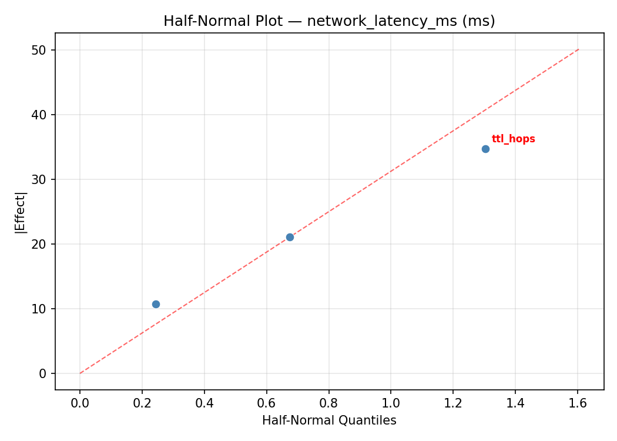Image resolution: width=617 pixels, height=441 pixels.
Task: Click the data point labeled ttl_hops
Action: point(485,149)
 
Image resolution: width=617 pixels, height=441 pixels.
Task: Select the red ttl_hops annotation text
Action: point(513,139)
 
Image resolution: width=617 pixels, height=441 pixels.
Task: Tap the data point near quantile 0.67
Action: point(290,237)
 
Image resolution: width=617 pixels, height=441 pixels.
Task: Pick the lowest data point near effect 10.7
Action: point(156,304)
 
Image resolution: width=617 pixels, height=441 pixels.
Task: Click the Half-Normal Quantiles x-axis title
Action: point(329,420)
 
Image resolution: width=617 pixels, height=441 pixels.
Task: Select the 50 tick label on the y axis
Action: point(39,50)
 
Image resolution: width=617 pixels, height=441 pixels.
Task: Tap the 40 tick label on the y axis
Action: point(39,115)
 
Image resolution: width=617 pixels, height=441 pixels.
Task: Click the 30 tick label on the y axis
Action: point(39,179)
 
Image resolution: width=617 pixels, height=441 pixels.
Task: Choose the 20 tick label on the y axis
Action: point(39,244)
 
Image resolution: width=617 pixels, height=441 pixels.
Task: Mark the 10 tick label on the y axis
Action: point(39,309)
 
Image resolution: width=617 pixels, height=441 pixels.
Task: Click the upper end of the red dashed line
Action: point(578,49)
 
